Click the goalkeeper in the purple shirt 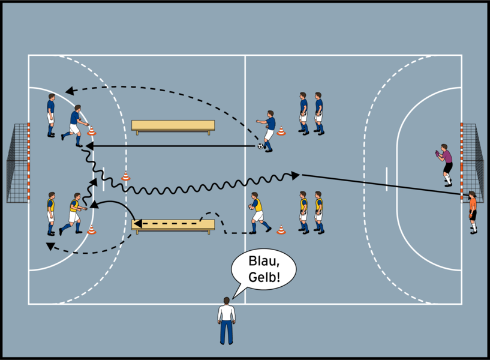(x=445, y=164)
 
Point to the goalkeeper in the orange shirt (x=473, y=211)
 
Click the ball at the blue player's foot (x=260, y=146)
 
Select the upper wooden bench (x=173, y=125)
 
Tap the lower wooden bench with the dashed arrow (x=173, y=225)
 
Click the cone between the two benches (x=125, y=176)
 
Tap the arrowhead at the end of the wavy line (x=296, y=175)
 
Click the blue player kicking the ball (x=268, y=129)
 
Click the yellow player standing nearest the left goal (x=51, y=213)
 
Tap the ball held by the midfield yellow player (x=251, y=207)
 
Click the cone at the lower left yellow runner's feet (x=92, y=229)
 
